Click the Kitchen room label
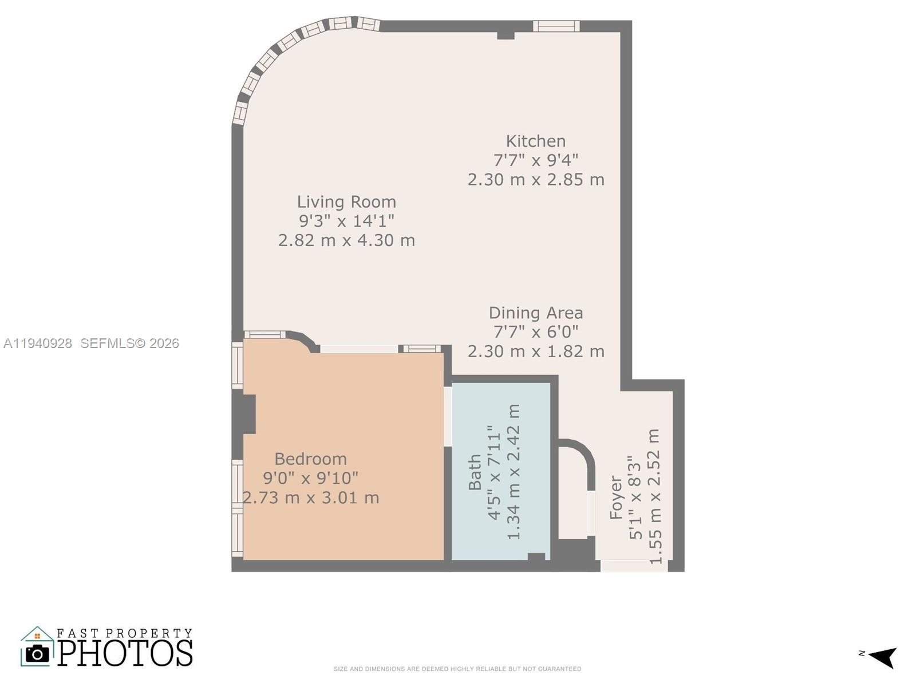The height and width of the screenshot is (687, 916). pyautogui.click(x=535, y=141)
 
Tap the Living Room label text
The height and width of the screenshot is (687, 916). pyautogui.click(x=346, y=202)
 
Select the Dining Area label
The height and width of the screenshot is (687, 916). pyautogui.click(x=535, y=313)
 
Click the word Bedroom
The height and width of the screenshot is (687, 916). pyautogui.click(x=310, y=459)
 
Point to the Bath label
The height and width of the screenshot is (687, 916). pyautogui.click(x=475, y=472)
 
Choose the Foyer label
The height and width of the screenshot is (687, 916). pyautogui.click(x=615, y=497)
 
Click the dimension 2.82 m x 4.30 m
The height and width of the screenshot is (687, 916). pyautogui.click(x=346, y=240)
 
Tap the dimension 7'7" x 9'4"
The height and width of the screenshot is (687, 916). pyautogui.click(x=535, y=160)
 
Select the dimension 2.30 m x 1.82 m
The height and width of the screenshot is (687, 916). pyautogui.click(x=535, y=351)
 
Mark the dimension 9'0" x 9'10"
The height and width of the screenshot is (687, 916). pyautogui.click(x=310, y=477)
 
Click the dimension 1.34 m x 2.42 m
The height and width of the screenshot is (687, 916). pyautogui.click(x=514, y=472)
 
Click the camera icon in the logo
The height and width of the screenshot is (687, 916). pyautogui.click(x=37, y=653)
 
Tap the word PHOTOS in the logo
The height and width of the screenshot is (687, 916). pyautogui.click(x=125, y=653)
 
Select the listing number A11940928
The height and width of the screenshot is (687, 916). pyautogui.click(x=38, y=343)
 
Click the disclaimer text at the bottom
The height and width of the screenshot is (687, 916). pyautogui.click(x=457, y=669)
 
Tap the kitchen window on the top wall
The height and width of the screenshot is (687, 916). pyautogui.click(x=556, y=26)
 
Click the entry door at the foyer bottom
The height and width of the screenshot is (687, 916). pyautogui.click(x=633, y=566)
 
